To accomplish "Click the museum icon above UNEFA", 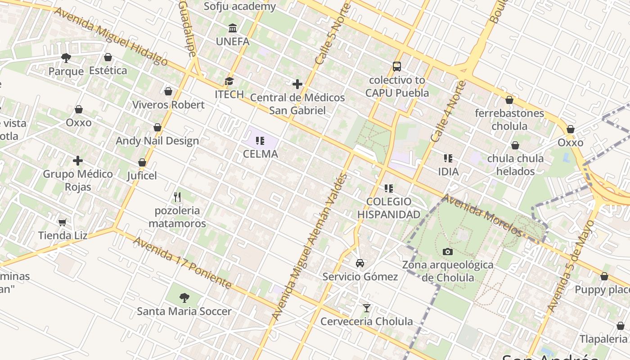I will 233,28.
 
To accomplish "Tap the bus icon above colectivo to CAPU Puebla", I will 396,67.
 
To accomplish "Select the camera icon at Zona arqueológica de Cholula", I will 447,252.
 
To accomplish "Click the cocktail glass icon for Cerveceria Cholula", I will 367,308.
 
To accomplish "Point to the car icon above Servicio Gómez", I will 360,263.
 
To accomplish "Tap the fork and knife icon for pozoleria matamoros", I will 177,197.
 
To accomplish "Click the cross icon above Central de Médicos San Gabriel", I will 297,84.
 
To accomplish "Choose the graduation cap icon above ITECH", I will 229,81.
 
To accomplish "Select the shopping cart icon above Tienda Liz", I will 62,222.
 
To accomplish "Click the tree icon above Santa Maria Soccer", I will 184,297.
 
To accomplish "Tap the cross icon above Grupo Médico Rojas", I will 78,161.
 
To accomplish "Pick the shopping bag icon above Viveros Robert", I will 168,91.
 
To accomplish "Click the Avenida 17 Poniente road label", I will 182,263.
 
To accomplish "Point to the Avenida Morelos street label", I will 482,215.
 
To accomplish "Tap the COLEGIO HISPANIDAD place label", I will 389,208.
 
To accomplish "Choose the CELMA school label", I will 260,154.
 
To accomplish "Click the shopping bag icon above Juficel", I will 142,162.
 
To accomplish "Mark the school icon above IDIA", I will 448,158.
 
